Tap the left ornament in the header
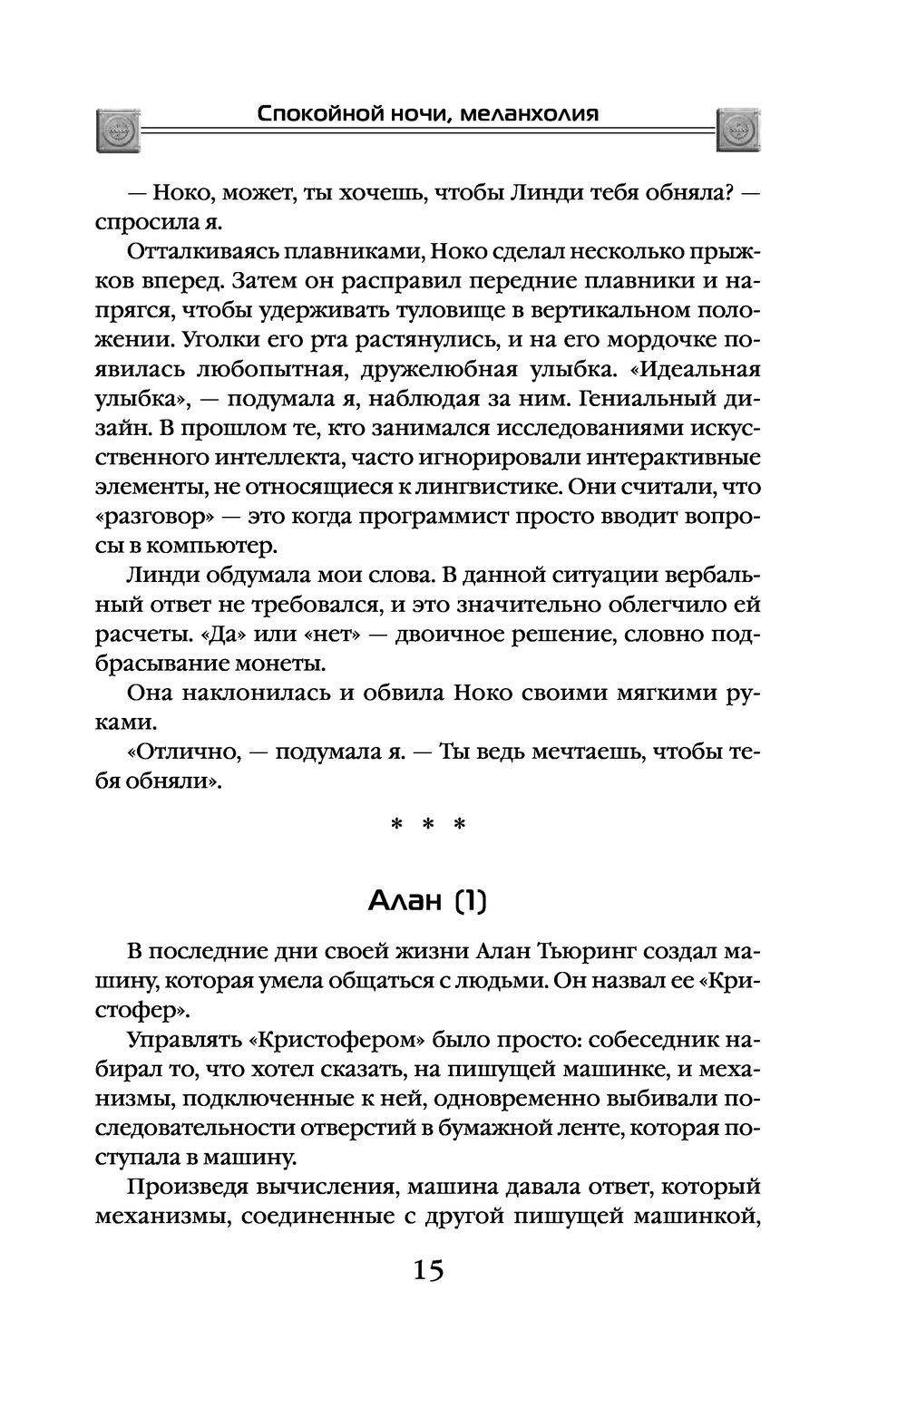119,130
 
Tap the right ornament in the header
738,130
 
